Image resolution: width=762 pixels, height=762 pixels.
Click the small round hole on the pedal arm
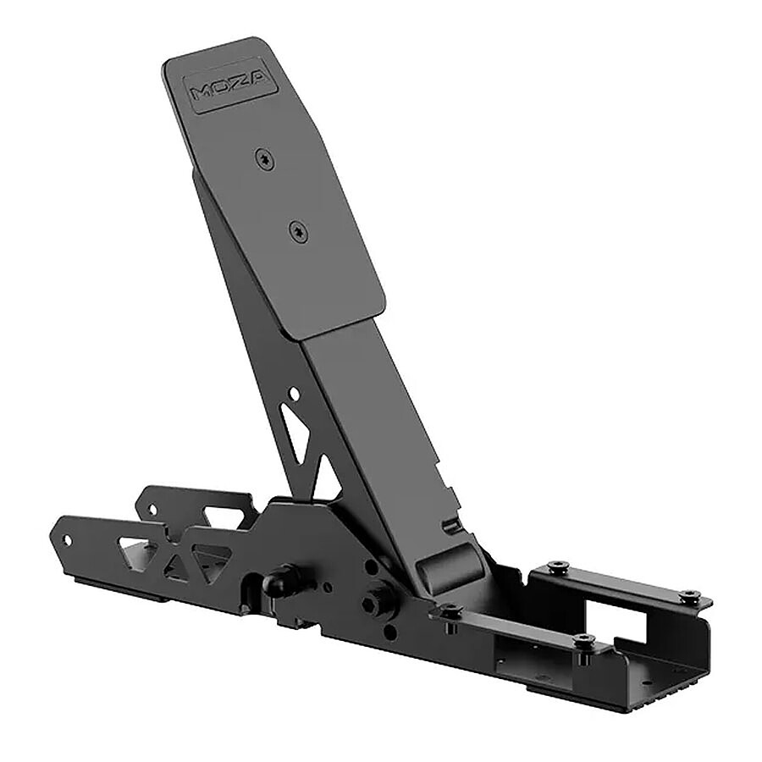(293, 394)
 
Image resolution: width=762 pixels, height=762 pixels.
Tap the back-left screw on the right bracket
(556, 566)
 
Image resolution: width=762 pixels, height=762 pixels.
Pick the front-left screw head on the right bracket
(450, 610)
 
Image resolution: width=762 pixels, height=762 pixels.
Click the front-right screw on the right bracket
(583, 640)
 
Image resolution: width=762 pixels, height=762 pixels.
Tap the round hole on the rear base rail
(152, 510)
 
